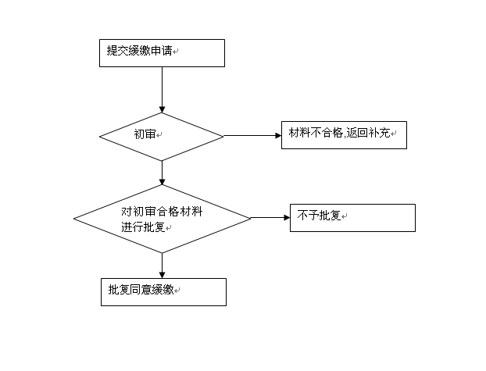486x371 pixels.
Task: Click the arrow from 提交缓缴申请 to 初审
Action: pyautogui.click(x=162, y=90)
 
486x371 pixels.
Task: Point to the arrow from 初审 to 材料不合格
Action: pyautogui.click(x=252, y=135)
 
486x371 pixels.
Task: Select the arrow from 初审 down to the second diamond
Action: pyautogui.click(x=162, y=173)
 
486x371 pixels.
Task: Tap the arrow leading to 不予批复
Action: pyautogui.click(x=270, y=218)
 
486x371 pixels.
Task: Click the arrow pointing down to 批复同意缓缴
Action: pyautogui.click(x=162, y=266)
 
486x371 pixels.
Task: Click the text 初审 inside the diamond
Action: pyautogui.click(x=145, y=134)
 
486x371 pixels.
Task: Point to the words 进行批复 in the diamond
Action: pyautogui.click(x=143, y=227)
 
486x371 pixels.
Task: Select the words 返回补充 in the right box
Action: pyautogui.click(x=368, y=133)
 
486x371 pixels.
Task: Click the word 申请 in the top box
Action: pyautogui.click(x=161, y=51)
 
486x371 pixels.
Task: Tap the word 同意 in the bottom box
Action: pyautogui.click(x=141, y=290)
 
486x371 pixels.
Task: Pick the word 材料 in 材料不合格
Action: pyautogui.click(x=299, y=133)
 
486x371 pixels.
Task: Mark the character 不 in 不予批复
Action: pyautogui.click(x=302, y=216)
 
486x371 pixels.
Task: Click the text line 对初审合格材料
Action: pyautogui.click(x=162, y=212)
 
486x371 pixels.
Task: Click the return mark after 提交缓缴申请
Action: pyautogui.click(x=176, y=52)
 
